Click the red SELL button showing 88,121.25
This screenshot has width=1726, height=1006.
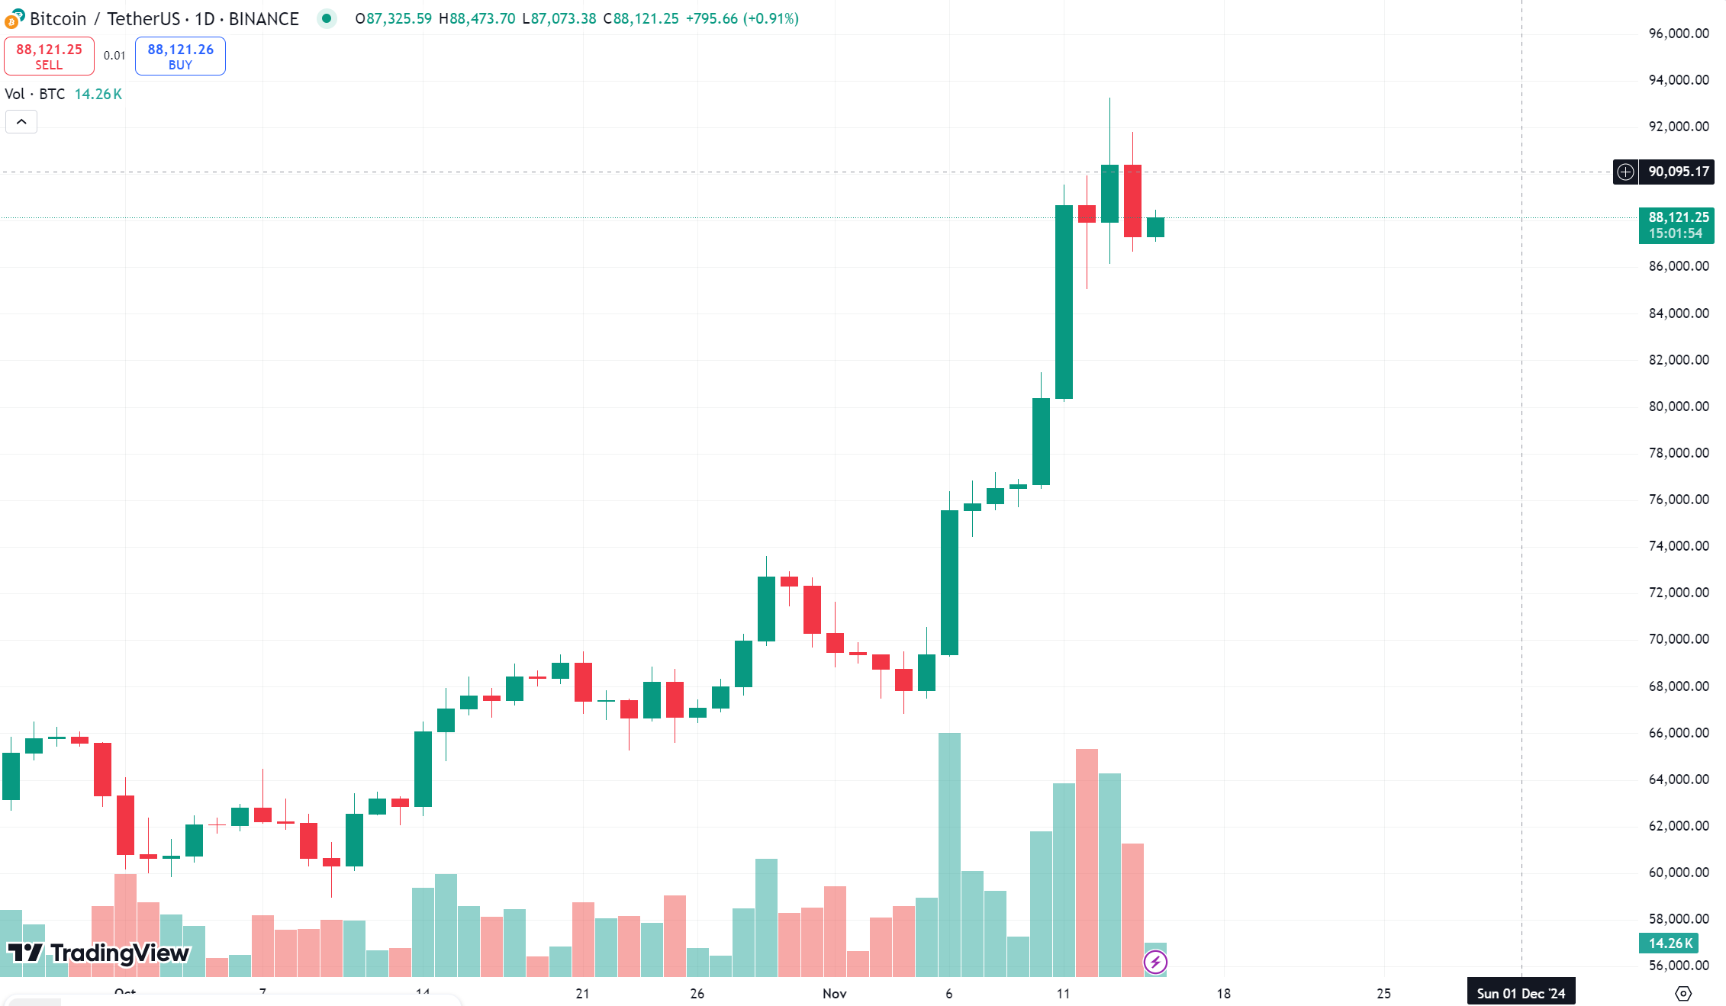49,56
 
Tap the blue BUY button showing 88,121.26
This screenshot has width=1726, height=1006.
180,56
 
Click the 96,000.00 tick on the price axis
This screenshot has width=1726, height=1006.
1678,34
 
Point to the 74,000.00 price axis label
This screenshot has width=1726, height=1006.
1678,546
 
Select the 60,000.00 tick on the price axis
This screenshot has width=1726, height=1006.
1678,873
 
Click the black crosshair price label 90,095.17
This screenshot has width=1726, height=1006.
1678,172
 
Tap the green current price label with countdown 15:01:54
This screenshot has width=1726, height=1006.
1676,226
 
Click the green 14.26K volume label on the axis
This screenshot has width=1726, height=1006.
1670,943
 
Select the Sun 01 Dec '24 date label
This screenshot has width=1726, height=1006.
1521,993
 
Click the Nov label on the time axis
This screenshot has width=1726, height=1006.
835,993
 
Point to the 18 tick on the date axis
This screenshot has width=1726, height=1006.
1223,993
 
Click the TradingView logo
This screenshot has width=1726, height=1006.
98,953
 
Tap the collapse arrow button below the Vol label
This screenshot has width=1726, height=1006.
21,122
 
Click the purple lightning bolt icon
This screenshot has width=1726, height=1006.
1155,962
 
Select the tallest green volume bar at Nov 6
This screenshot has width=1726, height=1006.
949,854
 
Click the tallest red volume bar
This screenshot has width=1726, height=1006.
1087,862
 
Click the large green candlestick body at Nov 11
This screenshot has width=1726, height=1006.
1064,301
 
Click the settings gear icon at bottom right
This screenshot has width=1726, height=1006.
1683,993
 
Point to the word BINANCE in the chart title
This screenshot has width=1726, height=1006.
263,19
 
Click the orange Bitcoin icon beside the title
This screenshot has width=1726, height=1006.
13,19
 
